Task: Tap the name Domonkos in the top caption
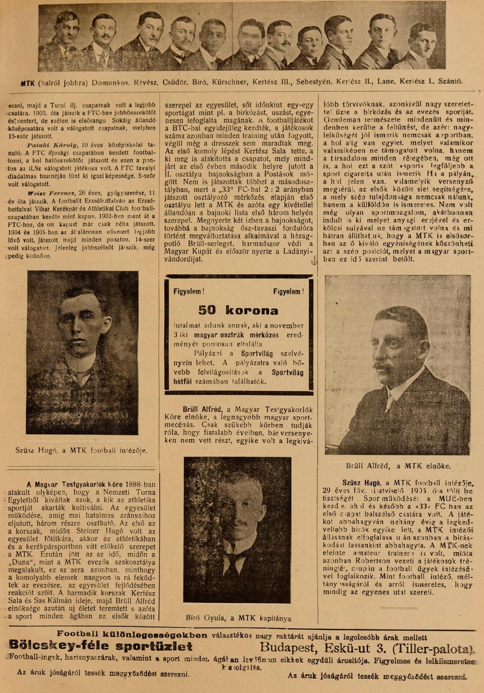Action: (x=110, y=82)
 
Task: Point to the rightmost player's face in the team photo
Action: (x=422, y=42)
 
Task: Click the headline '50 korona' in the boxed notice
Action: (x=238, y=310)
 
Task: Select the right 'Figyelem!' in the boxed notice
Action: (x=288, y=292)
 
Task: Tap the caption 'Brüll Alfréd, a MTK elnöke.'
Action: (x=398, y=466)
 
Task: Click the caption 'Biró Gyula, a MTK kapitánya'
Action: (x=239, y=618)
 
